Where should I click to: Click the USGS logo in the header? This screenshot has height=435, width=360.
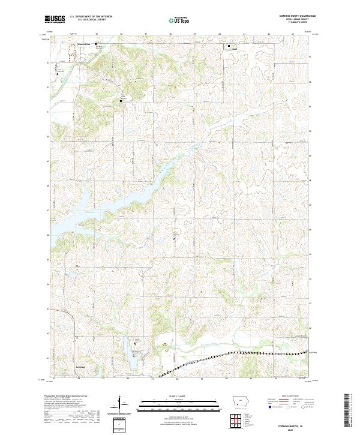point(55,19)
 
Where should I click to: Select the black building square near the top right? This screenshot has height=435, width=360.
point(228,46)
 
